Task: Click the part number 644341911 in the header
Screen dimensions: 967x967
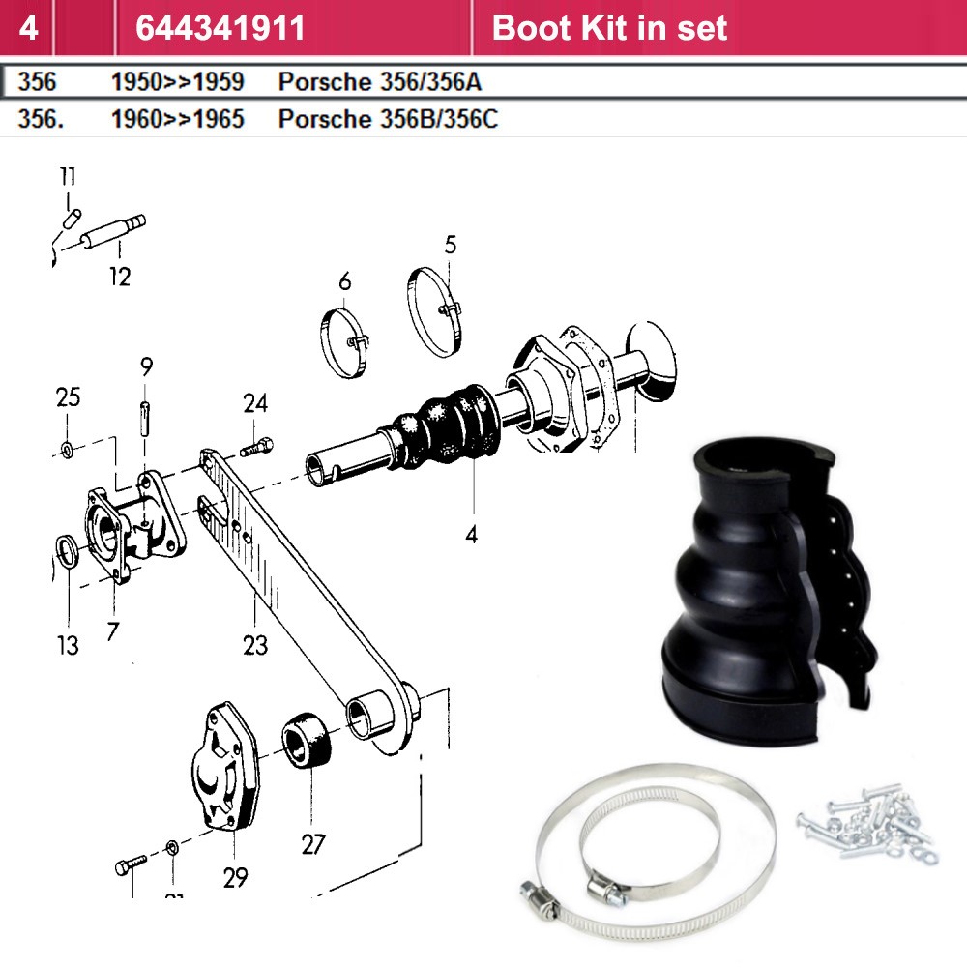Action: [x=220, y=28]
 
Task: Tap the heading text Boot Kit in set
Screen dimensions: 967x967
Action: [x=609, y=28]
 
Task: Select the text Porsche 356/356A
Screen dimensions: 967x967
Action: [x=380, y=82]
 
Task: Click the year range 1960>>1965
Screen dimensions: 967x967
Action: [x=178, y=119]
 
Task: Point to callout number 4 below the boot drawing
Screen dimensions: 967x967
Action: [x=472, y=534]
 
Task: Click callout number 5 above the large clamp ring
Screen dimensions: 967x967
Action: [x=451, y=245]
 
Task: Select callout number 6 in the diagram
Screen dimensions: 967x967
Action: [x=345, y=281]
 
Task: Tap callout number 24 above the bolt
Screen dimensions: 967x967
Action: [x=255, y=403]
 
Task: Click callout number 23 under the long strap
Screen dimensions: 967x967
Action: [x=255, y=645]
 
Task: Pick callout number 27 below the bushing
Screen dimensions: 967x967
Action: [x=313, y=844]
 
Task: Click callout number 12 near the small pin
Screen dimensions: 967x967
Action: [x=120, y=277]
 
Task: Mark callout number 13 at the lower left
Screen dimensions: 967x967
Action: [x=68, y=646]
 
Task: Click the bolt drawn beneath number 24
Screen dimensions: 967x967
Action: [x=256, y=446]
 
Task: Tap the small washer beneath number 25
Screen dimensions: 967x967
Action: [x=68, y=450]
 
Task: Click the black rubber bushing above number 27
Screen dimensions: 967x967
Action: [x=307, y=740]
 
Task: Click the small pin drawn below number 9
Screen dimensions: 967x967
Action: [x=145, y=419]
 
